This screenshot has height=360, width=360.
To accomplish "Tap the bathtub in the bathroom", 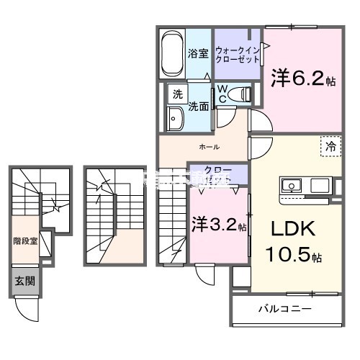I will point(171,53).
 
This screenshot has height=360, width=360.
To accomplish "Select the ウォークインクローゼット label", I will point(237,54).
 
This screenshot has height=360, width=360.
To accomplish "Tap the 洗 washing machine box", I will point(176,94).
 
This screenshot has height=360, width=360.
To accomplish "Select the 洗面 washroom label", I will point(199,107).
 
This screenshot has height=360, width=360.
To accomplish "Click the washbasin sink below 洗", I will point(175,119).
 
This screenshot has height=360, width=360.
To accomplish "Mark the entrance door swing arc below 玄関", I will point(28,310).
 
